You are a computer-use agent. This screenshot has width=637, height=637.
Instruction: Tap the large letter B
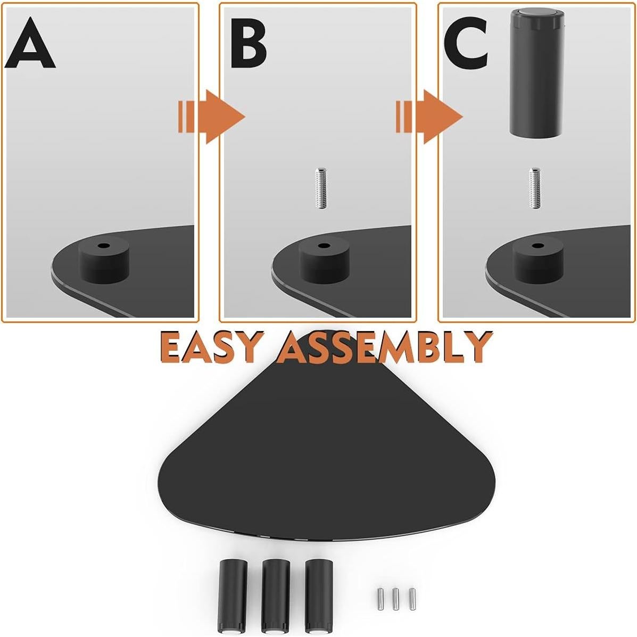248,45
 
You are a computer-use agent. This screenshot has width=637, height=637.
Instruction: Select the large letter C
466,45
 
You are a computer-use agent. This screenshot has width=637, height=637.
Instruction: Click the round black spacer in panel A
104,261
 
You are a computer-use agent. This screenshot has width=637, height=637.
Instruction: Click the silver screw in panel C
535,187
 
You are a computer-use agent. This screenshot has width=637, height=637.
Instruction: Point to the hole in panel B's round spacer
322,246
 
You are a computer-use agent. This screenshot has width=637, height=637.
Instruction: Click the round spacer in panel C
538,260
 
